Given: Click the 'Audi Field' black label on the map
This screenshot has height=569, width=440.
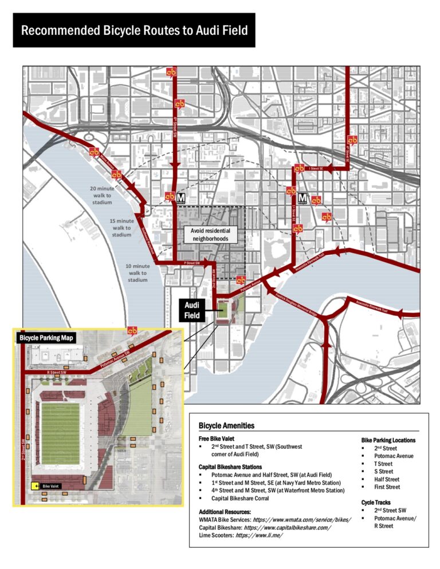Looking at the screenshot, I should tap(191, 310).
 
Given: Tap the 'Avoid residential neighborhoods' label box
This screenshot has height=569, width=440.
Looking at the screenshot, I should tap(209, 235).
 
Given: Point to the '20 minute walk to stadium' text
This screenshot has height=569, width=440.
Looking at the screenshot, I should tap(102, 195).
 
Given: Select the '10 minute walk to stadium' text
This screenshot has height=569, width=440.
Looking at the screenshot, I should tap(137, 272).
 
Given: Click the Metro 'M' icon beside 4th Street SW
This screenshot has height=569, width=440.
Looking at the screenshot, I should tap(180, 197).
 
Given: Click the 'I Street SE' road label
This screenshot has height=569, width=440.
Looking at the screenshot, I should tap(316, 168).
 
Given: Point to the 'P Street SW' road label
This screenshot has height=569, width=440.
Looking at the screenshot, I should tap(191, 263).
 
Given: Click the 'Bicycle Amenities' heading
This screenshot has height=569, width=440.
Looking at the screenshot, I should tap(226, 426).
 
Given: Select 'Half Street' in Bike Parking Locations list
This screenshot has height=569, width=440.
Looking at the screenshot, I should tap(389, 479).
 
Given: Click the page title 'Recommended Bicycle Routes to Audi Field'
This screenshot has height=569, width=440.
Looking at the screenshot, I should tap(134, 30).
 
